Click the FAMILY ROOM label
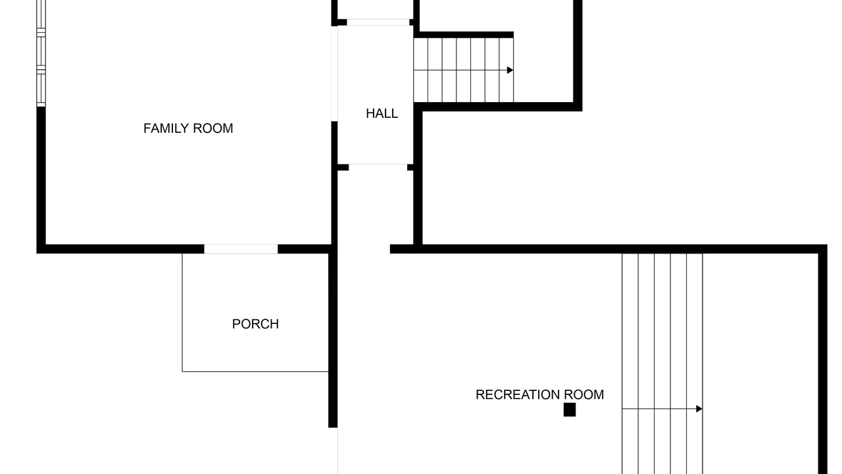[x=188, y=128]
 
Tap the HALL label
[x=382, y=113]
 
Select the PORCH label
[x=255, y=324]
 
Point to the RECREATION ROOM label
[x=540, y=394]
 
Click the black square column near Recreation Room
[x=570, y=409]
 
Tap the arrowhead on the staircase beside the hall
[x=510, y=70]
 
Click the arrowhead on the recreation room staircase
[x=699, y=409]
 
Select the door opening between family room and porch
[x=241, y=249]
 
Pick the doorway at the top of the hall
[x=378, y=22]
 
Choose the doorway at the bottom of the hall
[x=378, y=167]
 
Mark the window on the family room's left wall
[x=41, y=53]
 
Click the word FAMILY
[x=166, y=128]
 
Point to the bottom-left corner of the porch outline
[x=182, y=372]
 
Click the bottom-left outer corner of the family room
[x=37, y=253]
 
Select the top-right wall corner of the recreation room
[x=827, y=245]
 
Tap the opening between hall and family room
[x=334, y=73]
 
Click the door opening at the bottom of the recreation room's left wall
[x=333, y=451]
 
